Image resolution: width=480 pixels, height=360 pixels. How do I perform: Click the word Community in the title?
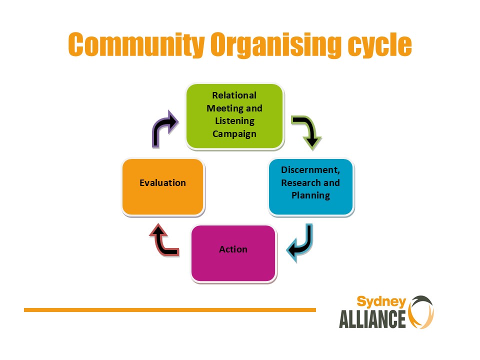pos(136,44)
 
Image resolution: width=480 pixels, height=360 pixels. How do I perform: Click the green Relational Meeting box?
pos(235,116)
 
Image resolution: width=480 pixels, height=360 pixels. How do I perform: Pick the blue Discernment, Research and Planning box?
pos(311,186)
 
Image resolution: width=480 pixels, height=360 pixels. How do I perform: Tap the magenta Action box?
pos(233,253)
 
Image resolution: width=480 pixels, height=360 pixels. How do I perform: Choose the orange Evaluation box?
pos(163,186)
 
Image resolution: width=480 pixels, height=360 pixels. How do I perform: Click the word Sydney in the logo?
pos(381,302)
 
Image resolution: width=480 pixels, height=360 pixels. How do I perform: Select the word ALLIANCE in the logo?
pos(372,319)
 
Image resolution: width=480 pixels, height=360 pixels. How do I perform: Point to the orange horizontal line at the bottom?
pos(170,310)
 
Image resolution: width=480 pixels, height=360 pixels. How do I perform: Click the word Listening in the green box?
pos(235,121)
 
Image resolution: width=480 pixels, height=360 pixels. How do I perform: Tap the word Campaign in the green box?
pos(234,134)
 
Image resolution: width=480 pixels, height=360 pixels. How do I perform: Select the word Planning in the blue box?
pos(310,195)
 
